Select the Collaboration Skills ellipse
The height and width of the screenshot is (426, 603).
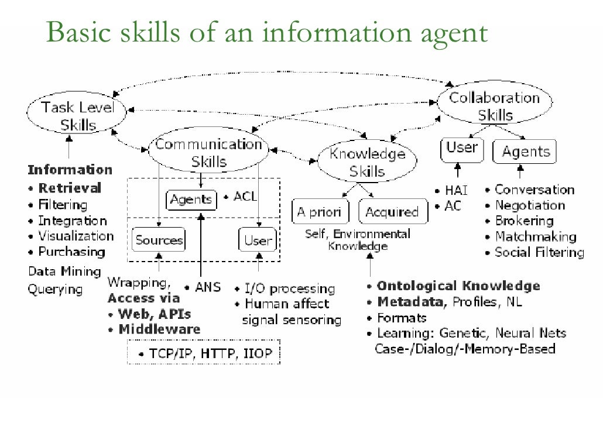495,106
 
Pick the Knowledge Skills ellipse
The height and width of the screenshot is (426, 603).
367,163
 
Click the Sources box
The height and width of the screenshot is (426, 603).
159,240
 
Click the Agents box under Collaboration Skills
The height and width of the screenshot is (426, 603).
524,152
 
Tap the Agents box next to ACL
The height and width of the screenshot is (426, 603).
191,200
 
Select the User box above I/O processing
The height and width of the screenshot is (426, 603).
258,240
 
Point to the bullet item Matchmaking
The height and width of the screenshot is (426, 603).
535,236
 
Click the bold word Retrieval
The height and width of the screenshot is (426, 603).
69,188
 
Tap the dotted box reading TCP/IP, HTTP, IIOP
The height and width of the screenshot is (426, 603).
204,353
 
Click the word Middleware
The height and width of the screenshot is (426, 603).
159,329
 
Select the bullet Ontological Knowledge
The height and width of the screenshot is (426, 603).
458,286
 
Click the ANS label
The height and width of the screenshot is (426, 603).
207,287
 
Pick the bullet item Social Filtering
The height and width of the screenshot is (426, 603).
539,252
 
